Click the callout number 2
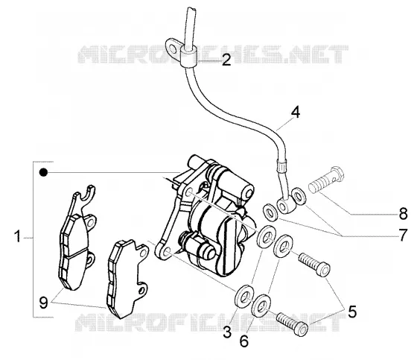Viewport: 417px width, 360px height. (226, 60)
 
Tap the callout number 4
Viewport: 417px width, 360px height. (296, 112)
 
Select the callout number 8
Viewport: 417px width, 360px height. (403, 214)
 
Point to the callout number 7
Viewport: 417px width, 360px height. (403, 235)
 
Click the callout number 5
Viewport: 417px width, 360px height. (352, 312)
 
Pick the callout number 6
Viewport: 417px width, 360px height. (244, 341)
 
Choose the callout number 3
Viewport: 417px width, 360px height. (227, 332)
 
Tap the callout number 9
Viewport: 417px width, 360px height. (43, 303)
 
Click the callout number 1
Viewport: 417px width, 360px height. (18, 236)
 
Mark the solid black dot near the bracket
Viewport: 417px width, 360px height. (43, 172)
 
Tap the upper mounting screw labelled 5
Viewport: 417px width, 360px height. (314, 264)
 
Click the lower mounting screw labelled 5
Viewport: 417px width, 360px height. (293, 324)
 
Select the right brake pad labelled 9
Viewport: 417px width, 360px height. (127, 278)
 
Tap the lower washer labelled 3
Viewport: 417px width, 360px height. (244, 297)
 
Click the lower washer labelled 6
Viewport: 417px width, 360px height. (261, 306)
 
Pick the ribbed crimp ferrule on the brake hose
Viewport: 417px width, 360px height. (282, 166)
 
